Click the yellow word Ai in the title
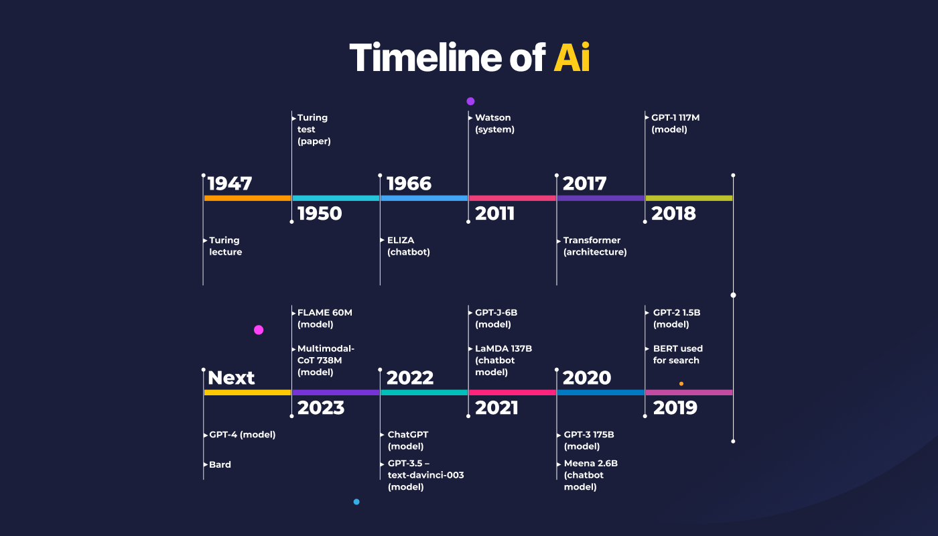(572, 58)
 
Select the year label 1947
(229, 184)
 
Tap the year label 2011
(494, 214)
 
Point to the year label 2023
(321, 408)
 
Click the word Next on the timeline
(231, 378)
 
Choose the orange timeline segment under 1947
(247, 198)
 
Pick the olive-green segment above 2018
(689, 198)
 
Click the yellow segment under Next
(247, 393)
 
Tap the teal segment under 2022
(424, 393)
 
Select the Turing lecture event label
(225, 246)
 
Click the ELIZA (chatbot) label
(408, 246)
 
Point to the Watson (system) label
(494, 123)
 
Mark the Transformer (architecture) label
(595, 246)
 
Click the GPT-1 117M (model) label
(675, 123)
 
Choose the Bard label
(220, 464)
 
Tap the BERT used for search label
(678, 354)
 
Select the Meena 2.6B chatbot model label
(591, 475)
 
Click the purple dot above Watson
(470, 101)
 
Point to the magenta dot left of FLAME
(259, 330)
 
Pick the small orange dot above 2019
(681, 383)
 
